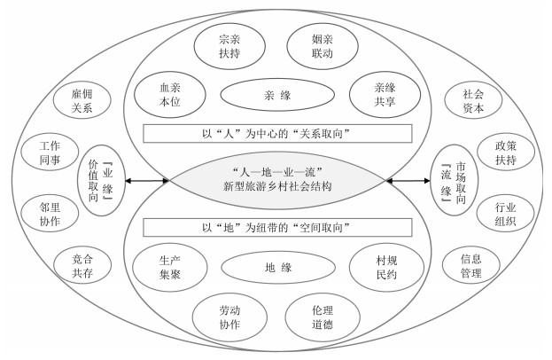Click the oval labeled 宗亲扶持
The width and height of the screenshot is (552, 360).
[229, 46]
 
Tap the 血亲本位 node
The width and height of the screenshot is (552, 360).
[169, 92]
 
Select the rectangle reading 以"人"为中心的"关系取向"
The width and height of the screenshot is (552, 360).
[276, 133]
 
